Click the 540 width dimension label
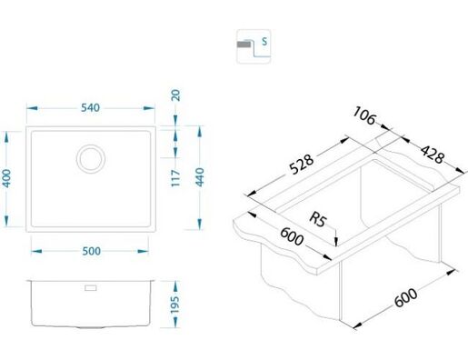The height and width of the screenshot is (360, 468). click(90, 107)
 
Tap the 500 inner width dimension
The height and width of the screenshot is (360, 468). click(92, 251)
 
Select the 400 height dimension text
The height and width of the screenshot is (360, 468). click(6, 178)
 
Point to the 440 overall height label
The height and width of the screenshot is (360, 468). click(200, 177)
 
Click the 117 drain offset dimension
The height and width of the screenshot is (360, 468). click(175, 178)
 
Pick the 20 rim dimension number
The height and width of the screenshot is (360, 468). click(175, 95)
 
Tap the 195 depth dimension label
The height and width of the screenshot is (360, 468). click(175, 305)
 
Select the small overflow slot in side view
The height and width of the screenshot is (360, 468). click(91, 287)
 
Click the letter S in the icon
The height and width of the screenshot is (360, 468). click(264, 41)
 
